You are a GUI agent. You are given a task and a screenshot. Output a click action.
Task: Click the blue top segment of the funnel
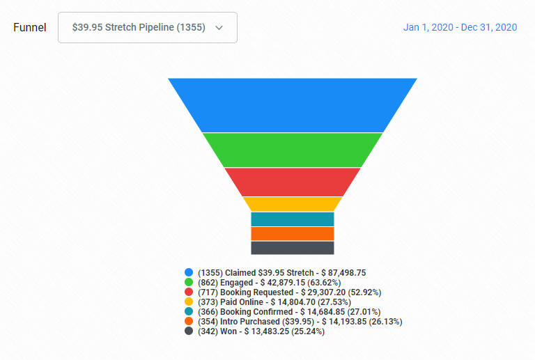click(x=293, y=105)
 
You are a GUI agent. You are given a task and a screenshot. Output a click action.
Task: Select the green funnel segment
click(x=293, y=150)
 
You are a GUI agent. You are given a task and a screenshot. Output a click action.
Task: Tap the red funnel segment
click(x=293, y=182)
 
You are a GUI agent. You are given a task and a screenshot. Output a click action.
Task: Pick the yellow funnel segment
click(x=293, y=204)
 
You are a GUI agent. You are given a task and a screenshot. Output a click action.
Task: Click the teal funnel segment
click(x=293, y=219)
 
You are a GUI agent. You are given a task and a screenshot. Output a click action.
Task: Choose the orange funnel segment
click(x=293, y=234)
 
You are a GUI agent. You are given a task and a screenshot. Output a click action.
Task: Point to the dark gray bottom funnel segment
click(x=293, y=248)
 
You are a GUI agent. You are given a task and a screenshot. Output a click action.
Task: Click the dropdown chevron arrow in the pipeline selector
click(x=219, y=28)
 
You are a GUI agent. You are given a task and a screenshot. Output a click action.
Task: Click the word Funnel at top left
click(x=30, y=27)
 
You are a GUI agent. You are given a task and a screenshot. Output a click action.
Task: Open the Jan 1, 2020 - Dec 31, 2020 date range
click(x=460, y=27)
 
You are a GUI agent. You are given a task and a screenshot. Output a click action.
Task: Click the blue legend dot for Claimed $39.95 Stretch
click(x=189, y=272)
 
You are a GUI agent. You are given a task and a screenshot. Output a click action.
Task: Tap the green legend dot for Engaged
click(x=189, y=282)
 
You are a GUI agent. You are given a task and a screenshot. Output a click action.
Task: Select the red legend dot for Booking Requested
click(x=189, y=292)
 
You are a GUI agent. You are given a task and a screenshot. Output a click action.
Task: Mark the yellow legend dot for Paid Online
click(x=189, y=302)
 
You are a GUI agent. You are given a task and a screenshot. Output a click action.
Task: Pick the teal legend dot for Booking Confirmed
click(x=189, y=311)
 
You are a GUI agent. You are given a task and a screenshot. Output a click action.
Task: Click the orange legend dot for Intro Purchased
click(x=189, y=321)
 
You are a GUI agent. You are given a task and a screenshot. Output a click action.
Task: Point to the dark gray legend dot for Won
click(x=189, y=331)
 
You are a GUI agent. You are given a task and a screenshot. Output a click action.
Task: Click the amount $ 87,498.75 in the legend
click(x=343, y=273)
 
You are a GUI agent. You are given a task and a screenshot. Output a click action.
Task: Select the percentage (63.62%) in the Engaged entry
click(x=324, y=283)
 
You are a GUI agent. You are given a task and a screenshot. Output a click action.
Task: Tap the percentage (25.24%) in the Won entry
click(x=308, y=331)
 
